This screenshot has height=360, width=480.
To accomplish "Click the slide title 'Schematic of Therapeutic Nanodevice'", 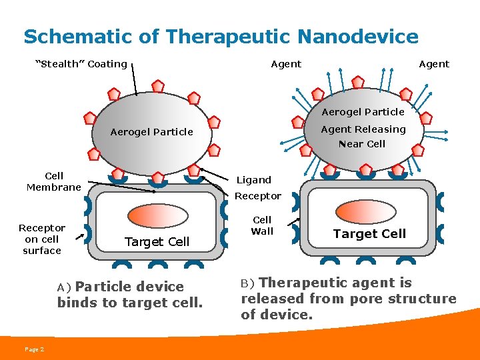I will [x=221, y=36].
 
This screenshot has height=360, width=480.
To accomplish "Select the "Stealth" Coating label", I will [x=81, y=64].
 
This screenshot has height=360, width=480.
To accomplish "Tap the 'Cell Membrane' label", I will [x=54, y=181].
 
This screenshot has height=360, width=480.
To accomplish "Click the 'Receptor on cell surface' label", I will [x=42, y=239].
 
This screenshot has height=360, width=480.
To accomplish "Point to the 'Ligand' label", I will [x=254, y=180].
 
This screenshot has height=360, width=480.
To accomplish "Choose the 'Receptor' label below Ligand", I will [x=257, y=196].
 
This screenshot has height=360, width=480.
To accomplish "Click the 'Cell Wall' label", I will [x=262, y=225].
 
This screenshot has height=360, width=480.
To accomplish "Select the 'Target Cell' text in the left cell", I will [x=157, y=241].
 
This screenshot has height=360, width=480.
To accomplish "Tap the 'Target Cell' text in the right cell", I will [x=369, y=233].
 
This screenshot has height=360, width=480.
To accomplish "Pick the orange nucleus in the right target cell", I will [x=365, y=209].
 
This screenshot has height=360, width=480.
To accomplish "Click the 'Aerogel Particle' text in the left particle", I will [x=151, y=132].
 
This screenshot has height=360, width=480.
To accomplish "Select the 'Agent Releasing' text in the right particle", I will [x=363, y=129].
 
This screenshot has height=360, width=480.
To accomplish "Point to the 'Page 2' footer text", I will [x=34, y=349].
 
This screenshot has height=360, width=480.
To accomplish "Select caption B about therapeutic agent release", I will [x=348, y=298].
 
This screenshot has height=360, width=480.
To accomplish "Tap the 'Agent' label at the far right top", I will [x=434, y=64].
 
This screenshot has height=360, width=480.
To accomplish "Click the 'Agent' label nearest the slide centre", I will [x=286, y=64].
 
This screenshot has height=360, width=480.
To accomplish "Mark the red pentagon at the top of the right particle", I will [x=358, y=83].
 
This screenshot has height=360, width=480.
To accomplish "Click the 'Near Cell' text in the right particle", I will [x=362, y=144].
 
